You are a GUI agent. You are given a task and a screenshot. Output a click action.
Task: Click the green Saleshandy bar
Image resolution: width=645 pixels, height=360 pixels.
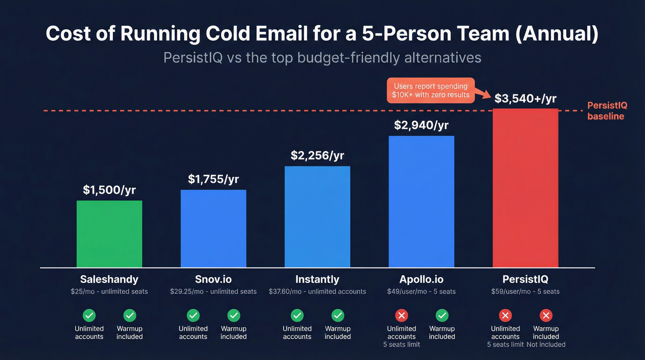click(109, 234)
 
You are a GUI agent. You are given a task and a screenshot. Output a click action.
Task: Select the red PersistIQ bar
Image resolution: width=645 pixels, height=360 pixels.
click(525, 188)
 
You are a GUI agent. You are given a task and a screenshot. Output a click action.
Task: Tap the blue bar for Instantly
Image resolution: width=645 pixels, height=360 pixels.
click(317, 217)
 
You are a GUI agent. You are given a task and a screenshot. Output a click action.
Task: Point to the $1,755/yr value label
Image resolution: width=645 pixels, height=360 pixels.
click(213, 179)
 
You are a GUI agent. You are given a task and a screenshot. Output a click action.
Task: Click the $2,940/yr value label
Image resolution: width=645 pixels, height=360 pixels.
click(421, 125)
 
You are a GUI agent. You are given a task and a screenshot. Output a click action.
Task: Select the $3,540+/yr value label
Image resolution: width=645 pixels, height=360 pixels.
click(526, 99)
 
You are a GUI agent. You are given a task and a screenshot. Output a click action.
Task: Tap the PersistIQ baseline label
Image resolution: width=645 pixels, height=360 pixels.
click(607, 111)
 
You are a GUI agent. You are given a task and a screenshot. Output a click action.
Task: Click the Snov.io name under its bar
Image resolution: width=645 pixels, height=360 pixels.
click(213, 279)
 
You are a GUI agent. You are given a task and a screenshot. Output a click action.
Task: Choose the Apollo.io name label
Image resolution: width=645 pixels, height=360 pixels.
click(421, 279)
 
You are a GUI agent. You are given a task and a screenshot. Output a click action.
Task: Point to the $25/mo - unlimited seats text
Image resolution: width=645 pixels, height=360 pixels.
click(109, 291)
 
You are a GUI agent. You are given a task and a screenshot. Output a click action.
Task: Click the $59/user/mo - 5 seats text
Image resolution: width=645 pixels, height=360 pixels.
click(525, 291)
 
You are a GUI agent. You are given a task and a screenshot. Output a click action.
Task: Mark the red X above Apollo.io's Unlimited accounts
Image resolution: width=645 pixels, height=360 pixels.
click(401, 316)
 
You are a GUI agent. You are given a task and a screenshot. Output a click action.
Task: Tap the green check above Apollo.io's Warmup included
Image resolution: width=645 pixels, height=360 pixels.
click(442, 316)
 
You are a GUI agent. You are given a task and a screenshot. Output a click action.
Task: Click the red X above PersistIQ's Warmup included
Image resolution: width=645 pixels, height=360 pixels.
click(546, 316)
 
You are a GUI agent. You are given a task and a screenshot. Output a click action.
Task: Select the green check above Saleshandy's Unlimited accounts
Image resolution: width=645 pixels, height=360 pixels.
click(89, 316)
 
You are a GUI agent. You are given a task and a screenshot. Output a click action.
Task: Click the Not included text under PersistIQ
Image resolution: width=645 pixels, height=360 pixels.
click(546, 344)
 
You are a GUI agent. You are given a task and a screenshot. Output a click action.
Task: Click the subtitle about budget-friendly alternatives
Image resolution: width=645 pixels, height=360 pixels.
click(322, 58)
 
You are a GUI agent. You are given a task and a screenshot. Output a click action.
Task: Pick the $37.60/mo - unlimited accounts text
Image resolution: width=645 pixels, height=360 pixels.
click(317, 291)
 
